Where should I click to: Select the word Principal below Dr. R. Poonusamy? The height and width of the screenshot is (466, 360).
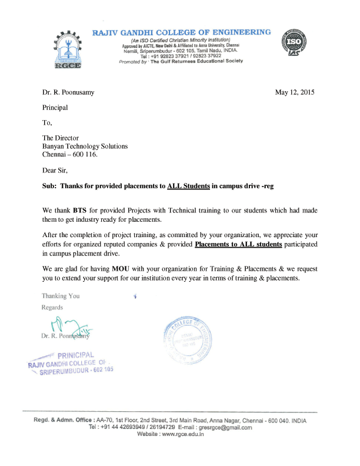(x=55, y=108)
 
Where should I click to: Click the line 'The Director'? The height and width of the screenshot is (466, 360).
(x=61, y=138)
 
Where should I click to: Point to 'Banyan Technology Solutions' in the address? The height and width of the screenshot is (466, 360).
(x=84, y=147)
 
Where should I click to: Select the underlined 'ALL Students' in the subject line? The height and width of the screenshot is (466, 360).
(x=188, y=186)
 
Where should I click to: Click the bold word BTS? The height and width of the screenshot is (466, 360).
(x=81, y=210)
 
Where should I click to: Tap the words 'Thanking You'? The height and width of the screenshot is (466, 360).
(x=61, y=296)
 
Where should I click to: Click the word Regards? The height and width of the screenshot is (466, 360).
(x=52, y=307)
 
